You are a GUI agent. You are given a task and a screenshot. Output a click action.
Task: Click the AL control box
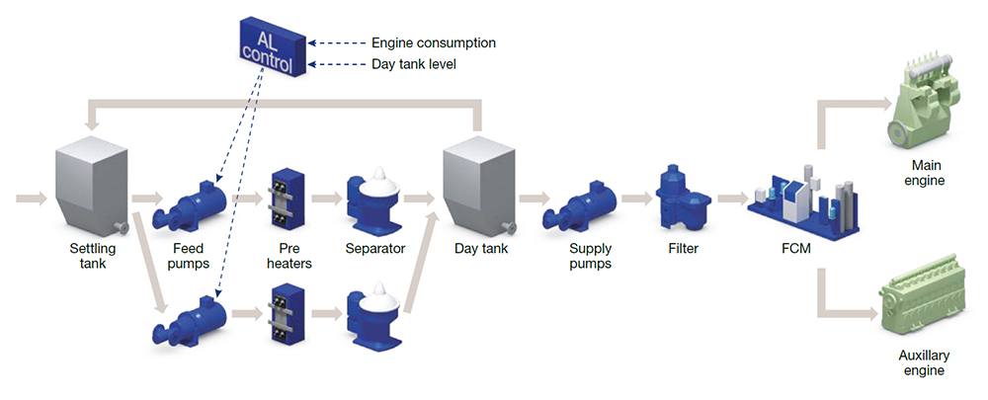(269, 48)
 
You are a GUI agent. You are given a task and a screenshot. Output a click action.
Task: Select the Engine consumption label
(433, 43)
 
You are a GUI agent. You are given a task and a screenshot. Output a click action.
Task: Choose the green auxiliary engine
(925, 297)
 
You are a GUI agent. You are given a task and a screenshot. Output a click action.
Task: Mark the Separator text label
(375, 249)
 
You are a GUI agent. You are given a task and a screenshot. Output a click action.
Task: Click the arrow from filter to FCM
(731, 199)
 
